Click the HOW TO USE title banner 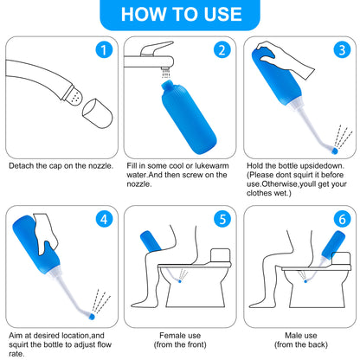pos(180,14)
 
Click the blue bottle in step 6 pos(340,249)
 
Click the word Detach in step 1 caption pos(21,164)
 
